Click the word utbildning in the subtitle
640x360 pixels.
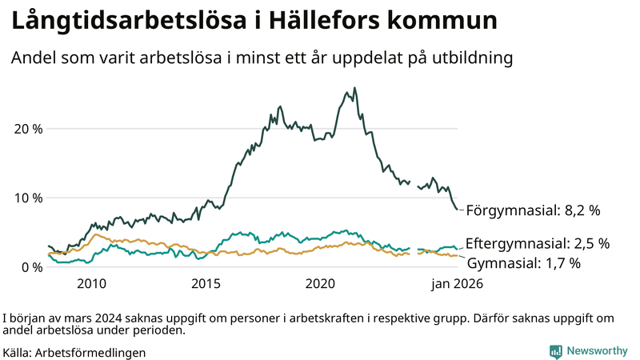click(x=471, y=58)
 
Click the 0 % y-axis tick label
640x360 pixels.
click(x=31, y=266)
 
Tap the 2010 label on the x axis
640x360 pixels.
click(x=91, y=284)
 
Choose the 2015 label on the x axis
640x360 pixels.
click(x=206, y=284)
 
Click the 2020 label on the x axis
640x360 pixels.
click(x=320, y=284)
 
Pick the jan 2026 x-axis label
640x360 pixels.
click(x=458, y=284)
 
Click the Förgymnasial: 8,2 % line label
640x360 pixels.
click(x=533, y=211)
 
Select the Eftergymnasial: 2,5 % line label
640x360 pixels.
click(x=538, y=243)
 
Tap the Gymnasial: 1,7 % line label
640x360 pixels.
click(x=523, y=262)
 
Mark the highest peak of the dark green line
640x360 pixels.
click(x=354, y=89)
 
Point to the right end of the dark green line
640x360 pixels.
click(x=458, y=210)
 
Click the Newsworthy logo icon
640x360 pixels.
click(x=555, y=351)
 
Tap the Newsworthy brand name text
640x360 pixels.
click(x=597, y=351)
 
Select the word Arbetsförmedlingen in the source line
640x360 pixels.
click(x=90, y=352)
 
